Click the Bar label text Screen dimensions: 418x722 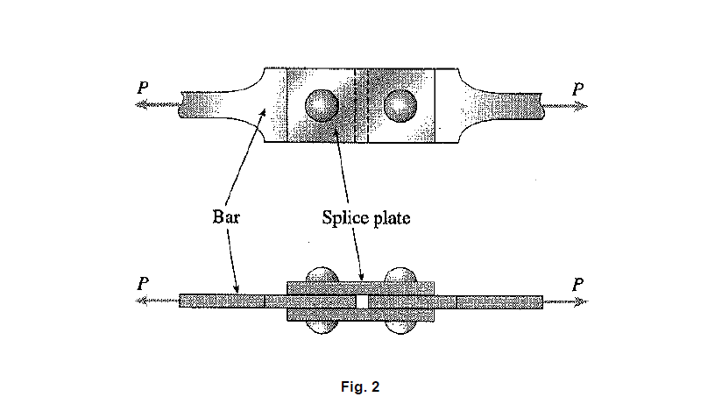(226, 217)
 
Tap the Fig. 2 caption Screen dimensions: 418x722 (360, 386)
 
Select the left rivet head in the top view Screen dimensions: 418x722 (321, 106)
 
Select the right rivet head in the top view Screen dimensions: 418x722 (400, 106)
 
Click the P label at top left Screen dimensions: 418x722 (142, 89)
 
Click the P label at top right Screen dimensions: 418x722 (577, 89)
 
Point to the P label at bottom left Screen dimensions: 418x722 (142, 284)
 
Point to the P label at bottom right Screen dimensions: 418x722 (577, 284)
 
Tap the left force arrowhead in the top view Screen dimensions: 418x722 (139, 106)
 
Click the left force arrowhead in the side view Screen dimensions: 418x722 (139, 301)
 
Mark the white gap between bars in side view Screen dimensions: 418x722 (361, 301)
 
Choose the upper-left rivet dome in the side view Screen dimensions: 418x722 (321, 273)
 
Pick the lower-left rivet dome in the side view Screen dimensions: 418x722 (321, 327)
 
